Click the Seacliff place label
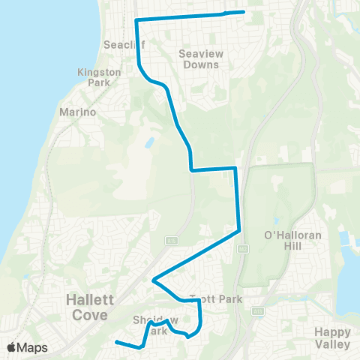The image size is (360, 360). [x=118, y=44]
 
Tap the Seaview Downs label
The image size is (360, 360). [x=199, y=59]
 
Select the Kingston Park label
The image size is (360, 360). [x=98, y=77]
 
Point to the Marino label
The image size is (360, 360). [x=78, y=112]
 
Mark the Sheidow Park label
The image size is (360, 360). [x=149, y=325]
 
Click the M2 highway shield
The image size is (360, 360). [x=242, y=247]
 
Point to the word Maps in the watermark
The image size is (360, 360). [x=32, y=347]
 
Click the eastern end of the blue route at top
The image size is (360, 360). [x=244, y=12]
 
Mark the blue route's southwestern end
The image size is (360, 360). [x=116, y=343]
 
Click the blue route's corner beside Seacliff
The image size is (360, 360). [x=136, y=20]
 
